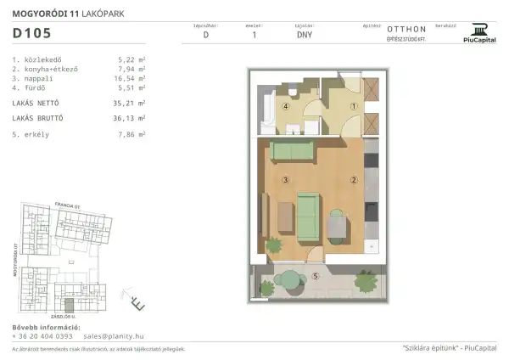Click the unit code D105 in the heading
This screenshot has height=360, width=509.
(x=31, y=34)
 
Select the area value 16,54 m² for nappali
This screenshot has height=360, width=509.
(x=130, y=77)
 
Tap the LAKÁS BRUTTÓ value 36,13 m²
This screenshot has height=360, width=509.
(x=130, y=118)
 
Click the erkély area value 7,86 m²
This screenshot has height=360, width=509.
(x=130, y=134)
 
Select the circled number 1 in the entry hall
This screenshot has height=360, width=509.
(x=354, y=107)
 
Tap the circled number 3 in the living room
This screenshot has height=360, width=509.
(x=287, y=180)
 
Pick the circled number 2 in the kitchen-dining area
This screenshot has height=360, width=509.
(x=354, y=180)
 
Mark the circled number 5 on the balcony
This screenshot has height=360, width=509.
(x=316, y=275)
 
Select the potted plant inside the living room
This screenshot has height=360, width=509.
(x=273, y=245)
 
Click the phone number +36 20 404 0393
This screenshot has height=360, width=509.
(x=42, y=336)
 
